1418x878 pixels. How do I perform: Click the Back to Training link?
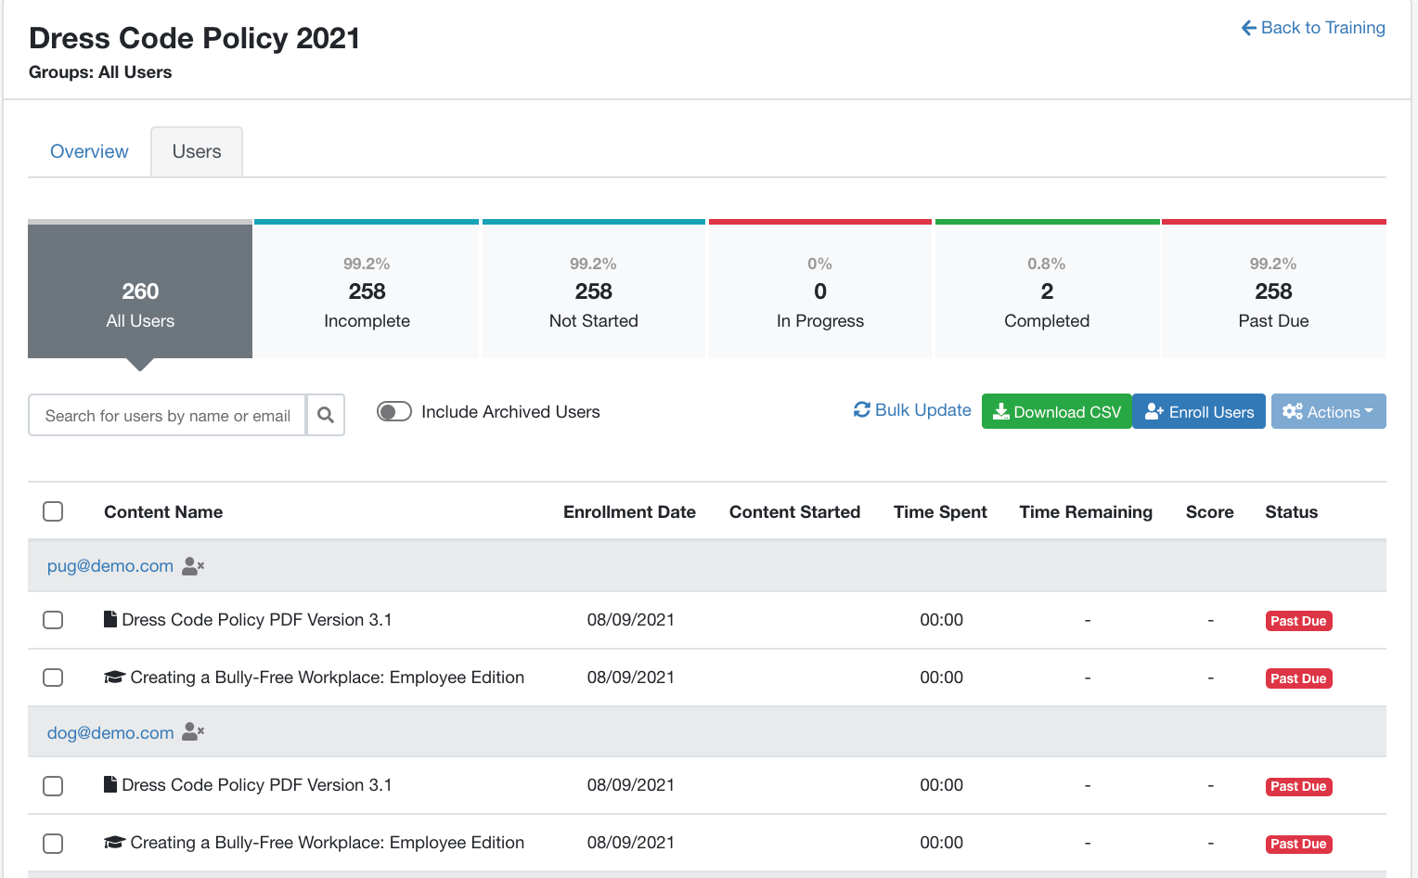(x=1313, y=28)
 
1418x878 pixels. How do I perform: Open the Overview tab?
(x=89, y=151)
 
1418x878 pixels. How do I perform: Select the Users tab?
(x=196, y=151)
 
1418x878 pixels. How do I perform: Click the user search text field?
(x=167, y=415)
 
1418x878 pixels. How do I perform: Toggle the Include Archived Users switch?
(x=393, y=411)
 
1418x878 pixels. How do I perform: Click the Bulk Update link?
(x=912, y=410)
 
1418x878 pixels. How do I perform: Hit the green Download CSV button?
(x=1056, y=411)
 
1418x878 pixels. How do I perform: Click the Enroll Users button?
(x=1199, y=411)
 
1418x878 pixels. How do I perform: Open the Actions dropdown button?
(x=1328, y=411)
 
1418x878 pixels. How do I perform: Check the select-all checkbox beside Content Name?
(x=53, y=511)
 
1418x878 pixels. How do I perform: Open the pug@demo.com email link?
(x=110, y=566)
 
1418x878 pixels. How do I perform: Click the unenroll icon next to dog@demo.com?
(x=193, y=731)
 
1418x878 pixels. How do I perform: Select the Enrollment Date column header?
(x=629, y=511)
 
